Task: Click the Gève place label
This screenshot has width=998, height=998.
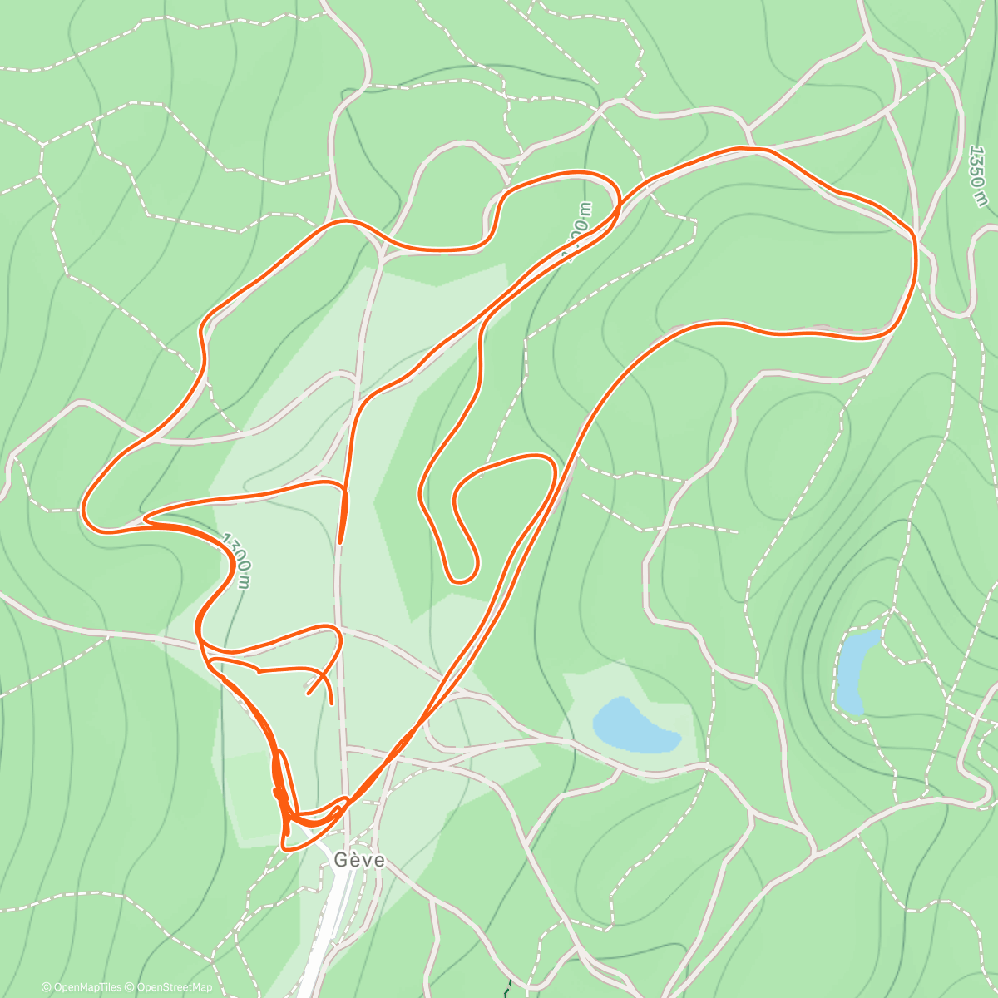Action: point(359,859)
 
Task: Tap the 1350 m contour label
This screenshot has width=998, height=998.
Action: point(979,175)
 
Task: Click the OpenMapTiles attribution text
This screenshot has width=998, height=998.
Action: point(86,987)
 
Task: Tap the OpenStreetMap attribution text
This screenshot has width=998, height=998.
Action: point(173,987)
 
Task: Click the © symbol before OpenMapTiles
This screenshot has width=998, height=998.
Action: point(46,987)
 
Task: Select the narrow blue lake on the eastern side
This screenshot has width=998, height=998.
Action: point(856,670)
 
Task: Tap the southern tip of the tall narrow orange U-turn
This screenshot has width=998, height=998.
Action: point(464,578)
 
